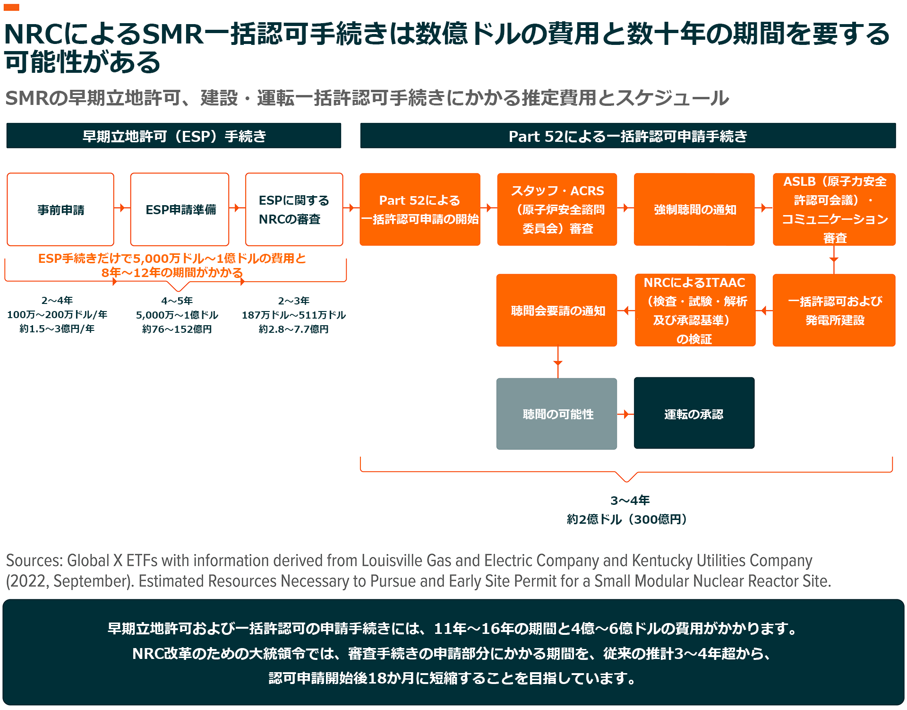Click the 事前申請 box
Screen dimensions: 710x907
[60, 209]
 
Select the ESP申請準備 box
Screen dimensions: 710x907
[180, 209]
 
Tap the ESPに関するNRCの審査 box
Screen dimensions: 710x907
[294, 209]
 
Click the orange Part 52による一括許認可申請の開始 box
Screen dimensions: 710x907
[419, 209]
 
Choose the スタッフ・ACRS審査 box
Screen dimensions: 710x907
[557, 209]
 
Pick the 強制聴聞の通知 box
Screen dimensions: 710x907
[694, 209]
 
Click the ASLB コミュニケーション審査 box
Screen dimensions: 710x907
[834, 209]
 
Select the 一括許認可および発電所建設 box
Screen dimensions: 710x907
[834, 310]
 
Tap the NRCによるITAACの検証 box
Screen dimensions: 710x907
[695, 310]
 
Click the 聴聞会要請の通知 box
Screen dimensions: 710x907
[557, 310]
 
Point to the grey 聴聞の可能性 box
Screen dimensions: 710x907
[557, 414]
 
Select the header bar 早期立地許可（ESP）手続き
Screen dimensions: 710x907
[174, 136]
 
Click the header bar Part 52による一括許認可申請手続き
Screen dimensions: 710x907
[628, 136]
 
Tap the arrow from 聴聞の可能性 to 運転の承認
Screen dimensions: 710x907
[625, 414]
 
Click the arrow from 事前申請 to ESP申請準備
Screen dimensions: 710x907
[122, 208]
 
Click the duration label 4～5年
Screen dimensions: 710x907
[177, 301]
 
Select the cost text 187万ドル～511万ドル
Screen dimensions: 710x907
[294, 315]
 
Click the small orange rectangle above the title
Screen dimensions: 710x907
[11, 7]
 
